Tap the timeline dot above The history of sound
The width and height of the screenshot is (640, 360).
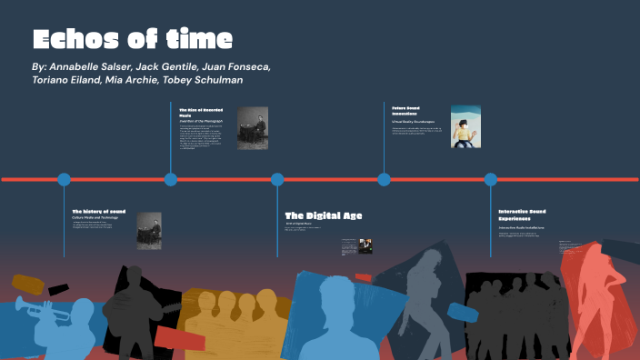tap(64, 179)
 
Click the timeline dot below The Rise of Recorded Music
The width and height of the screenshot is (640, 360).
tap(171, 179)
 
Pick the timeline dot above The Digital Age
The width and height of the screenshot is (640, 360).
tap(277, 179)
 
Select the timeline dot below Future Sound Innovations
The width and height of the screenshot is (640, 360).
tap(384, 179)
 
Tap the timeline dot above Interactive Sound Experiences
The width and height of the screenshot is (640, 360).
tap(491, 179)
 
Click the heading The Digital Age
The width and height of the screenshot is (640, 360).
tap(323, 215)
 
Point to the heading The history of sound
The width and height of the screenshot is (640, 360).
tap(99, 211)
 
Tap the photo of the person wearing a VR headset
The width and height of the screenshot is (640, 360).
tap(465, 127)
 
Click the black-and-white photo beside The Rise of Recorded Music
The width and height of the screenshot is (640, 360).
tap(252, 128)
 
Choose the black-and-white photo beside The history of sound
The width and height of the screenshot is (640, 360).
tap(149, 230)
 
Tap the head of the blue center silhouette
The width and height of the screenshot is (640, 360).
tap(336, 295)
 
